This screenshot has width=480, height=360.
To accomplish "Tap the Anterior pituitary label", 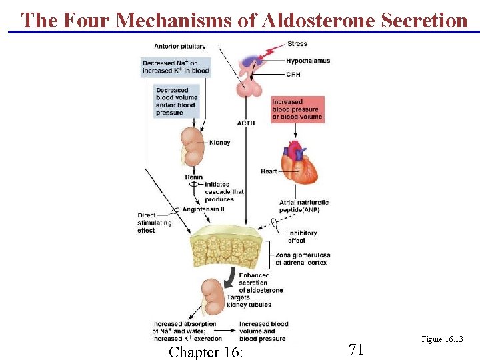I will (180, 47).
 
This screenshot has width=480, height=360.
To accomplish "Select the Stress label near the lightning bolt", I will (297, 44).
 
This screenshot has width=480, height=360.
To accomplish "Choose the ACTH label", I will (245, 123).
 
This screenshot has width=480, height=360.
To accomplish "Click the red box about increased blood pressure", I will (297, 110).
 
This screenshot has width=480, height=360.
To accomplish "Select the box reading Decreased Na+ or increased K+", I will (175, 67).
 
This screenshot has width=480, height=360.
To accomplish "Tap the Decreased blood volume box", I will (177, 101).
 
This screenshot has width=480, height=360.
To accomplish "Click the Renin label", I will (193, 177).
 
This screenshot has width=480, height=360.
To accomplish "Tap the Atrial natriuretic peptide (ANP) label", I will (304, 206).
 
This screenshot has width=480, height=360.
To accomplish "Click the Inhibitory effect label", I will (302, 237).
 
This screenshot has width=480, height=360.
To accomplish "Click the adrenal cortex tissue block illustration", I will (230, 249).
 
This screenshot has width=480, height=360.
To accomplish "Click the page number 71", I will (356, 349).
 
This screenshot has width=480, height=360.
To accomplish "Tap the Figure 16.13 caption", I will (442, 339).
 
